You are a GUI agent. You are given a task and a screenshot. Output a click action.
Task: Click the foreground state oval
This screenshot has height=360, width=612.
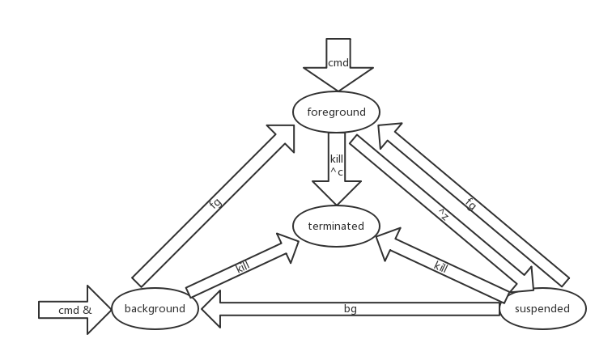336,112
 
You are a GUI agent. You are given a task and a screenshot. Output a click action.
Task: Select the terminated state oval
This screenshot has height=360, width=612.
336,227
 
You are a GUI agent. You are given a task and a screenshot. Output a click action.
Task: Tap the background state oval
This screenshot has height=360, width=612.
155,308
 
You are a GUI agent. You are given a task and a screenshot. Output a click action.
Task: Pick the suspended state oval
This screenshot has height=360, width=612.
542,308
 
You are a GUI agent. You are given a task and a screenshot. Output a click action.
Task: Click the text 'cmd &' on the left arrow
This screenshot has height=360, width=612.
75,310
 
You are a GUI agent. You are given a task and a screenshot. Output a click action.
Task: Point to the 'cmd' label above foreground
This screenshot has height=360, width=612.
338,62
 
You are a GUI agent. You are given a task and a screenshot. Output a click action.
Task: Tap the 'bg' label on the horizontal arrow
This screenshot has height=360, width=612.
350,309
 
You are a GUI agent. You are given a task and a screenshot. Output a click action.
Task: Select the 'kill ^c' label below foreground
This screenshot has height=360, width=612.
337,164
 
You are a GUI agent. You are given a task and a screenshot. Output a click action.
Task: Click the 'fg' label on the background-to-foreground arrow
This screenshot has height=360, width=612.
215,204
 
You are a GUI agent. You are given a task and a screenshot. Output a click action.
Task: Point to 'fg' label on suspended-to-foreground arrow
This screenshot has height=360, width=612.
471,204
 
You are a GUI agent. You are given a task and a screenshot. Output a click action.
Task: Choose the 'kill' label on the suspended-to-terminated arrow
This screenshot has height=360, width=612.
441,266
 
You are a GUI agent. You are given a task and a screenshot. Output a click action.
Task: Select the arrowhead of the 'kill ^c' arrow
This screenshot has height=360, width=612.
337,194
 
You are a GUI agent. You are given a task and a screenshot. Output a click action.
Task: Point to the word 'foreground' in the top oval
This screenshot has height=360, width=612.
336,112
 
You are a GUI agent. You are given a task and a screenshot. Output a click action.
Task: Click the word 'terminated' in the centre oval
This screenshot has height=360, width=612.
336,227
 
